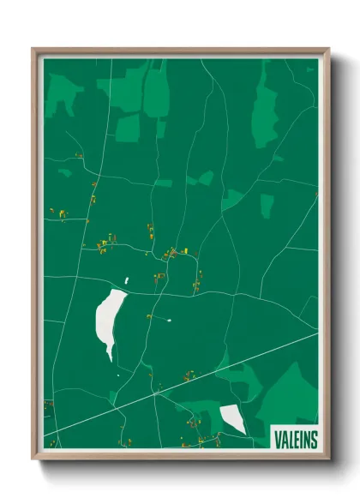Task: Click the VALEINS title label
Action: (295, 439)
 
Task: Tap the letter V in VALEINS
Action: (278, 439)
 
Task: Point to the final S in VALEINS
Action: (313, 439)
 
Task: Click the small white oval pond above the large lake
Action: (126, 280)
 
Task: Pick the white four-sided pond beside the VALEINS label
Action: (232, 418)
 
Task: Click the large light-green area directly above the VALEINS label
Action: (290, 394)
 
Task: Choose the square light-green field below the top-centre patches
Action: (128, 128)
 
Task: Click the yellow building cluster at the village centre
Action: (173, 253)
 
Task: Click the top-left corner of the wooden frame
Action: (33, 49)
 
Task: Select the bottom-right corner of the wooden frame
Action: (328, 459)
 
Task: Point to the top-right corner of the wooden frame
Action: (328, 49)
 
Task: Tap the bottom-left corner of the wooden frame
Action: (33, 459)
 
